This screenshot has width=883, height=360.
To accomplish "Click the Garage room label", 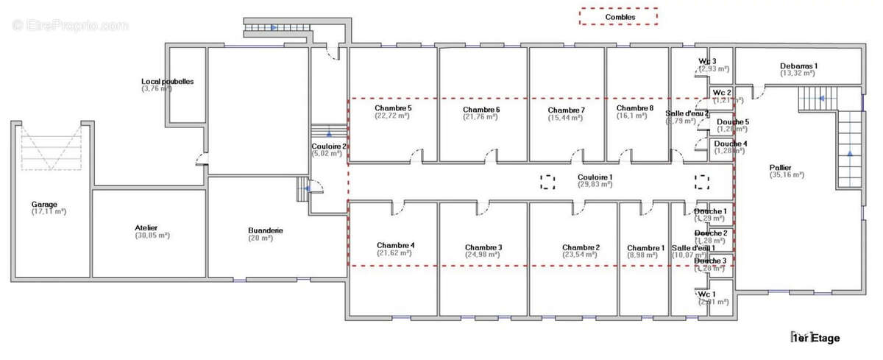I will point(44,204).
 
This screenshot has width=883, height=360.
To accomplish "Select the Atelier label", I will point(146,228).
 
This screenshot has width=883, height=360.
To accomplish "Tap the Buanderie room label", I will point(265,230).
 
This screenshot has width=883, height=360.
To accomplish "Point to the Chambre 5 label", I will point(393,108).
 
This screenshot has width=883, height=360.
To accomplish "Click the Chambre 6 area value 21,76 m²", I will point(481,117).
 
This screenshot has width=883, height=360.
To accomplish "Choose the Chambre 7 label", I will point(566,110).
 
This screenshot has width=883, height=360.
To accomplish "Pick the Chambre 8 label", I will point(635,108).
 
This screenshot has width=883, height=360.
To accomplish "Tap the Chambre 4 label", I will point(395,245).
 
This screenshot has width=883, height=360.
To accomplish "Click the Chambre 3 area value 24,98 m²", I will point(483,255).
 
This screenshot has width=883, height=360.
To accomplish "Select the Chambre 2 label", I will point(581,247).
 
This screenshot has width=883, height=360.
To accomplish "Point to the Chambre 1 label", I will point(645,248).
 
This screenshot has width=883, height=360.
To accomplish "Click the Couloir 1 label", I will point(595,177).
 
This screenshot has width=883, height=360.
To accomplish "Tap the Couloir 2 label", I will point(327,147).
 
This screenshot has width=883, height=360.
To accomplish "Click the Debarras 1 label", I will point(798,66).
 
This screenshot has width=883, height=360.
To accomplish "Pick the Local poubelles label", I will point(168,81).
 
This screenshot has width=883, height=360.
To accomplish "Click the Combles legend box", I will point(618,17).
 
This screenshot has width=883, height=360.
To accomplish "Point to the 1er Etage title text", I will point(815,339).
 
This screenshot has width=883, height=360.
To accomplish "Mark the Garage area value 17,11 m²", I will point(49,212).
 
